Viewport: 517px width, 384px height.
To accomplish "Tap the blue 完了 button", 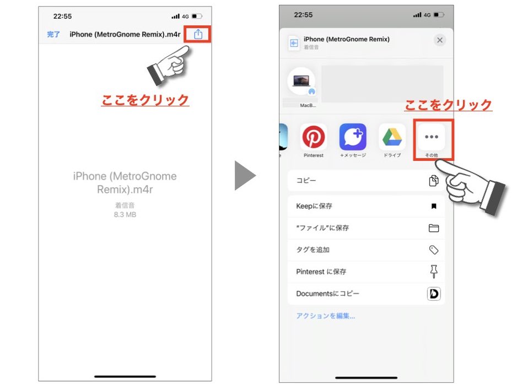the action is pos(53,34).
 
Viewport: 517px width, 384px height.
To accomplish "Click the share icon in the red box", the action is pos(198,34).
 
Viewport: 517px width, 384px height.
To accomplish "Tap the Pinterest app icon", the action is pos(313,137).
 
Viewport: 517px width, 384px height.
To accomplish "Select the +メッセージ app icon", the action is pos(352,137).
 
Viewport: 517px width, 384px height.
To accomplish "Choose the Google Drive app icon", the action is pos(392,137).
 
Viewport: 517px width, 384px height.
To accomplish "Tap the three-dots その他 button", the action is pos(431,137).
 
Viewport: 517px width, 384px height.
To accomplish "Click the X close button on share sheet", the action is pos(439,40).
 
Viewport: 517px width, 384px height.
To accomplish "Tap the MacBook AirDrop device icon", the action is pos(301,81).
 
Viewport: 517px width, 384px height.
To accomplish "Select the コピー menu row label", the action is pos(306,180).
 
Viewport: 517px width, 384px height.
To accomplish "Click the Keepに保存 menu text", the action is pos(314,206).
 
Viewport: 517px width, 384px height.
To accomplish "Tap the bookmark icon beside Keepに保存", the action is pos(434,207).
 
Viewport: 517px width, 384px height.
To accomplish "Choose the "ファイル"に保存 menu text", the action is pos(322,228).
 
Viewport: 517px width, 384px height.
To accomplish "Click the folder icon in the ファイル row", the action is pos(434,228).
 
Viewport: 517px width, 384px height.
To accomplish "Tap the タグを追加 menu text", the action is pos(313,250).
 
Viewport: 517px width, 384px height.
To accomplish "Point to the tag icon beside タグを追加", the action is pos(434,250).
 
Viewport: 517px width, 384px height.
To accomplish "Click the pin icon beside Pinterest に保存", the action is pos(434,271).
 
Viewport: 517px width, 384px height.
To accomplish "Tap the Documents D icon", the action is pos(434,294).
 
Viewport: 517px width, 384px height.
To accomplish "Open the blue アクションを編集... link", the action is pos(325,316).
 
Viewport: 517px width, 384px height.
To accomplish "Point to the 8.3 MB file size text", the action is pos(125,214).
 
